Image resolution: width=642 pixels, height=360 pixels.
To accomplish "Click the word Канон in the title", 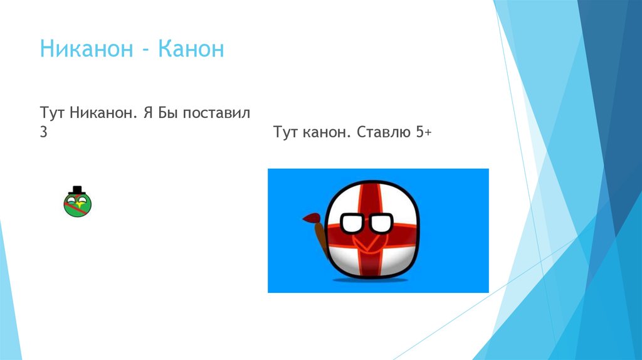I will pos(191,49).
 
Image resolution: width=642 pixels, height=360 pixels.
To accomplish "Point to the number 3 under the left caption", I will pos(43,133).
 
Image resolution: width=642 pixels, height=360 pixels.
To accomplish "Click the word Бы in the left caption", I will pos(166,114).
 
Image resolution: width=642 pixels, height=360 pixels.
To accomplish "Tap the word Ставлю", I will pos(383,133).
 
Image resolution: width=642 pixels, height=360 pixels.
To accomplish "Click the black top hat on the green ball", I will pos(77,190).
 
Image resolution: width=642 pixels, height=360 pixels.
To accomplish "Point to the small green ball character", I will pos(77,204).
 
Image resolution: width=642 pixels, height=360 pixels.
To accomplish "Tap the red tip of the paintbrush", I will pos(310,218).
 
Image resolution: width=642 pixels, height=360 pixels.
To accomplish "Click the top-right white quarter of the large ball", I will pos(395,201).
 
